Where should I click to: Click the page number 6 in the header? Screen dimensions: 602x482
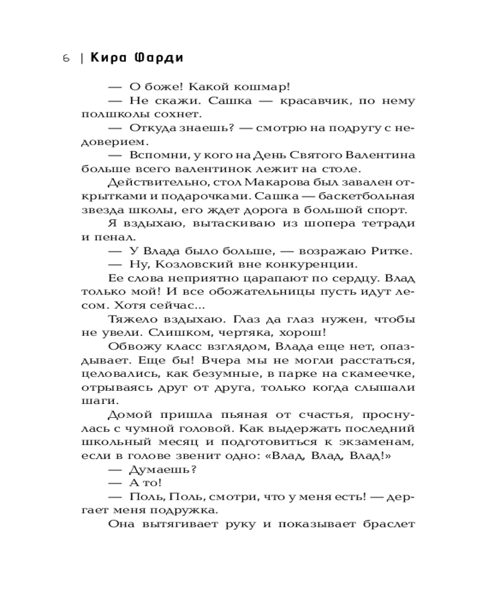(x=66, y=58)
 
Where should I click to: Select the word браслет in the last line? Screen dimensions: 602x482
(x=387, y=524)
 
